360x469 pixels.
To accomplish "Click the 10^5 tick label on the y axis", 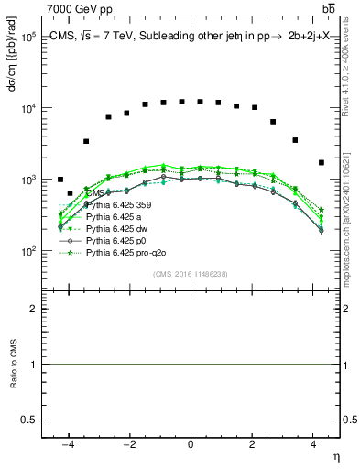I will pyautogui.click(x=27, y=37).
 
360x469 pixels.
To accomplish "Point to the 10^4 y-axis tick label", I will pyautogui.click(x=27, y=108).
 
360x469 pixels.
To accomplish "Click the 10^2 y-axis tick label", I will pyautogui.click(x=27, y=251).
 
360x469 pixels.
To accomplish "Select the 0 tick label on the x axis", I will pyautogui.click(x=191, y=444).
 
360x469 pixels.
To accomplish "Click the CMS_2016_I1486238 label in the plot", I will pyautogui.click(x=190, y=274).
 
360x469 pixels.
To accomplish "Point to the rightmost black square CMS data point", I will pyautogui.click(x=321, y=163).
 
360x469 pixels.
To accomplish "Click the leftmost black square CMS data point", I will pyautogui.click(x=60, y=180).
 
